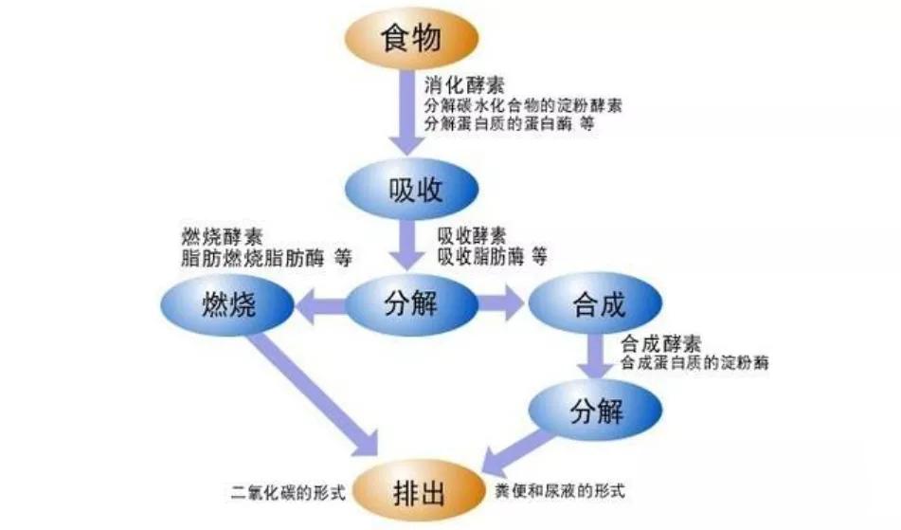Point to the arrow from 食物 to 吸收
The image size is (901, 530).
(x=407, y=114)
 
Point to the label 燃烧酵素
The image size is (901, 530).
(x=223, y=234)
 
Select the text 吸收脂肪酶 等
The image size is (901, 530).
(x=492, y=256)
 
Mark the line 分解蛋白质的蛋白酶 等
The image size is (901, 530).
(x=509, y=123)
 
